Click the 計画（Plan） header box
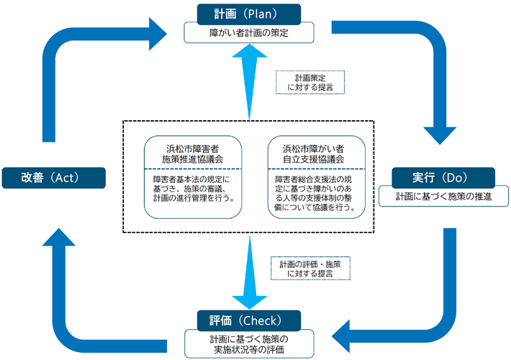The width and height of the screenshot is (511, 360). click(248, 13)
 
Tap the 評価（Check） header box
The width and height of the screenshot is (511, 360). click(248, 319)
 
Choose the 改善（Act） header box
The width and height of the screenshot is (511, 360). click(53, 178)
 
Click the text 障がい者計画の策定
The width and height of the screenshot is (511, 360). click(248, 32)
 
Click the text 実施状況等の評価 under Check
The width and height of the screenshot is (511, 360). click(248, 350)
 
